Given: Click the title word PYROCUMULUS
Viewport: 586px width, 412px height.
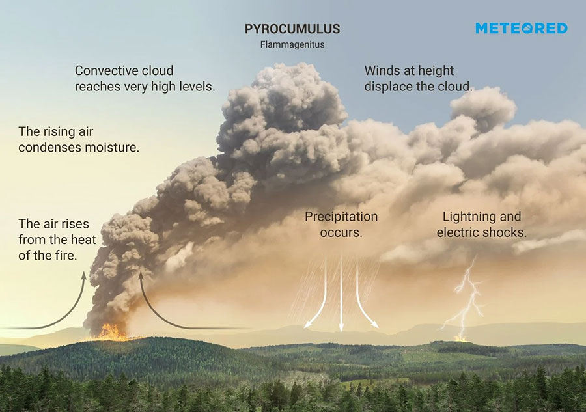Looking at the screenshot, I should [x=292, y=29].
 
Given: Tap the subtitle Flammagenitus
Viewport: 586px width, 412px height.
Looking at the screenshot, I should [x=292, y=46].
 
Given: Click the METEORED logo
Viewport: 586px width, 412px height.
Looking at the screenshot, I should [x=521, y=29].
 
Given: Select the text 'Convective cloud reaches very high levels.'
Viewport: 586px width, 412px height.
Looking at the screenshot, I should [x=145, y=78].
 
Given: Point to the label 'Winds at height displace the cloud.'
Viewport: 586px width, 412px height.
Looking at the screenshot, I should [x=418, y=78].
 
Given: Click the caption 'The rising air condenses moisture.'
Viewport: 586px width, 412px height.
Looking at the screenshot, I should [x=79, y=139].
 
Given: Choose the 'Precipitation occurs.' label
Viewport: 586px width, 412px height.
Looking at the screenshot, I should [x=341, y=224].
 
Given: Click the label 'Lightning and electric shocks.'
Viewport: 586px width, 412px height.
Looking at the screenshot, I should [x=481, y=224].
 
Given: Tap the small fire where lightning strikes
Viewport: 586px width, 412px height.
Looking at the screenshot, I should [x=460, y=338].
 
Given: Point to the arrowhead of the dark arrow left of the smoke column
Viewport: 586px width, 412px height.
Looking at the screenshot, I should [x=83, y=277].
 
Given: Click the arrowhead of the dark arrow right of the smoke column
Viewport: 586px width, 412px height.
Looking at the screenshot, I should [x=141, y=277].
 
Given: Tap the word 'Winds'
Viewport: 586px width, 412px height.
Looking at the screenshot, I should [x=382, y=71].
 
